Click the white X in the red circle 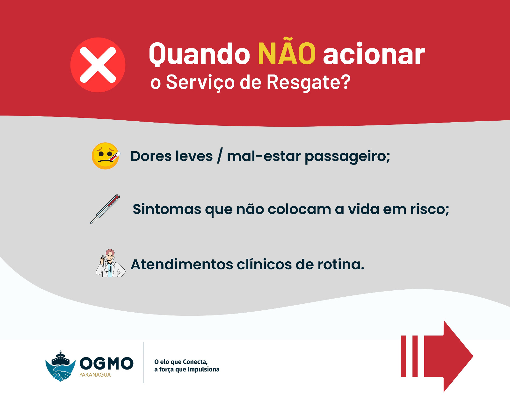[x=98, y=65]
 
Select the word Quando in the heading [x=199, y=54]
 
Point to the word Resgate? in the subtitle [x=309, y=82]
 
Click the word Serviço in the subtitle [x=200, y=82]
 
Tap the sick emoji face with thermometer [x=106, y=156]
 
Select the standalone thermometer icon [x=105, y=209]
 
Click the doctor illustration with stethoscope [x=110, y=263]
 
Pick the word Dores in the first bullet [x=151, y=156]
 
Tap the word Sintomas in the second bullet [x=167, y=209]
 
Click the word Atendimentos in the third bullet [x=182, y=265]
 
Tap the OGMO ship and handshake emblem [x=61, y=366]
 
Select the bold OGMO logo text [x=106, y=363]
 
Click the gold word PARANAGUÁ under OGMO [x=95, y=375]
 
